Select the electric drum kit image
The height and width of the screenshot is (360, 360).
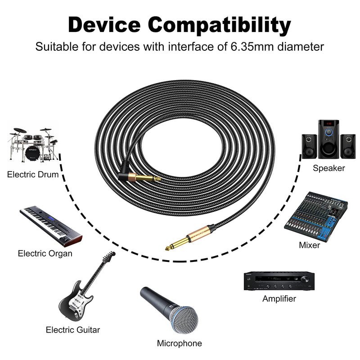32,144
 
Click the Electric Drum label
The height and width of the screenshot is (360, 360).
33,175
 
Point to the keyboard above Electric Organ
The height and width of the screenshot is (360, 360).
51,226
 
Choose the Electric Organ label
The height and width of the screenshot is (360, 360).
45,253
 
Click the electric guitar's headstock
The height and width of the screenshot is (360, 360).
109,256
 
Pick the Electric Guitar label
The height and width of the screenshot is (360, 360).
73,330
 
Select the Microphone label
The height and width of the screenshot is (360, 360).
179,343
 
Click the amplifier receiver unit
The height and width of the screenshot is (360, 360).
279,280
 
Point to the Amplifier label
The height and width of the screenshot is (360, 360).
279,298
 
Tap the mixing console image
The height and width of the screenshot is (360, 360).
316,216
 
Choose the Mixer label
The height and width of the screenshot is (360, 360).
309,245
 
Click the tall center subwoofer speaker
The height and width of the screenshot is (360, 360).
328,139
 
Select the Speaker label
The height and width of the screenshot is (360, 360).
329,168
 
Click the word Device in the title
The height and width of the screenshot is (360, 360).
104,25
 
